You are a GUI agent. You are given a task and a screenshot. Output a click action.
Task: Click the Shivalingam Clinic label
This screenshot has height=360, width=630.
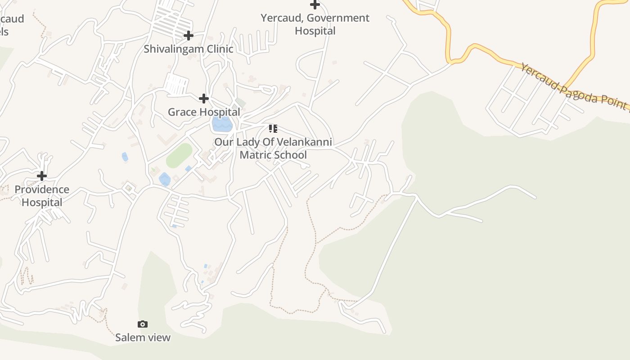coord(188,49)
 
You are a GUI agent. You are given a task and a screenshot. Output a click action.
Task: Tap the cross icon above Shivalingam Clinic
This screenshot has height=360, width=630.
coord(189,35)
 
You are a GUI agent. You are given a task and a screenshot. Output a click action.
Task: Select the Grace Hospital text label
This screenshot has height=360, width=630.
coord(204,112)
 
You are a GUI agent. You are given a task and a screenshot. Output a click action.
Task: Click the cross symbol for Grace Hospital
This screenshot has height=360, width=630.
coord(204,98)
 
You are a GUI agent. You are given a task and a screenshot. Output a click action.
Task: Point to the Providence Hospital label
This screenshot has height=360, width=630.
coord(42,196)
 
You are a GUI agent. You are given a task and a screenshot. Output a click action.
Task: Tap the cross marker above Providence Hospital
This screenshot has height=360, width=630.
coord(42,175)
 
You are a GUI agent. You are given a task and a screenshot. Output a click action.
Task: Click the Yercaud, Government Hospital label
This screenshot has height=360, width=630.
coord(315,24)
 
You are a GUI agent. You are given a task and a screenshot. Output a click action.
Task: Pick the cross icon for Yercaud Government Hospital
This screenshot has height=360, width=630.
coord(315,5)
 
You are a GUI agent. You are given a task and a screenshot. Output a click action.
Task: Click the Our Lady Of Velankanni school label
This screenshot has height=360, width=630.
coord(273,148)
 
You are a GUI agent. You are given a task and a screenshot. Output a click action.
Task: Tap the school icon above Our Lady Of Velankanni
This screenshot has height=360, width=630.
coord(273,129)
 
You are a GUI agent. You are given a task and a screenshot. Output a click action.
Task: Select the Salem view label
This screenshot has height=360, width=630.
coord(143,337)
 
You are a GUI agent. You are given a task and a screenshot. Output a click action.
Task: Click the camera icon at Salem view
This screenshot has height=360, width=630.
coord(143,324)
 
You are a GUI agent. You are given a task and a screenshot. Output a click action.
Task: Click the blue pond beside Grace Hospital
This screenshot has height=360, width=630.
coord(222,124)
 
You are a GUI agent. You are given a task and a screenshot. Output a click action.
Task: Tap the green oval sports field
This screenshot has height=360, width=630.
coord(179,156)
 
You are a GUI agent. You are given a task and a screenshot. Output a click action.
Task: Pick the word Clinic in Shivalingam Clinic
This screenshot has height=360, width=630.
coord(219,49)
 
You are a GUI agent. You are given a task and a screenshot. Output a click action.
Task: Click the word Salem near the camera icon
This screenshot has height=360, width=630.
coord(128,337)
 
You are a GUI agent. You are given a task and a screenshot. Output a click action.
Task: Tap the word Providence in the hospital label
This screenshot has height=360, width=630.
coord(42,189)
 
